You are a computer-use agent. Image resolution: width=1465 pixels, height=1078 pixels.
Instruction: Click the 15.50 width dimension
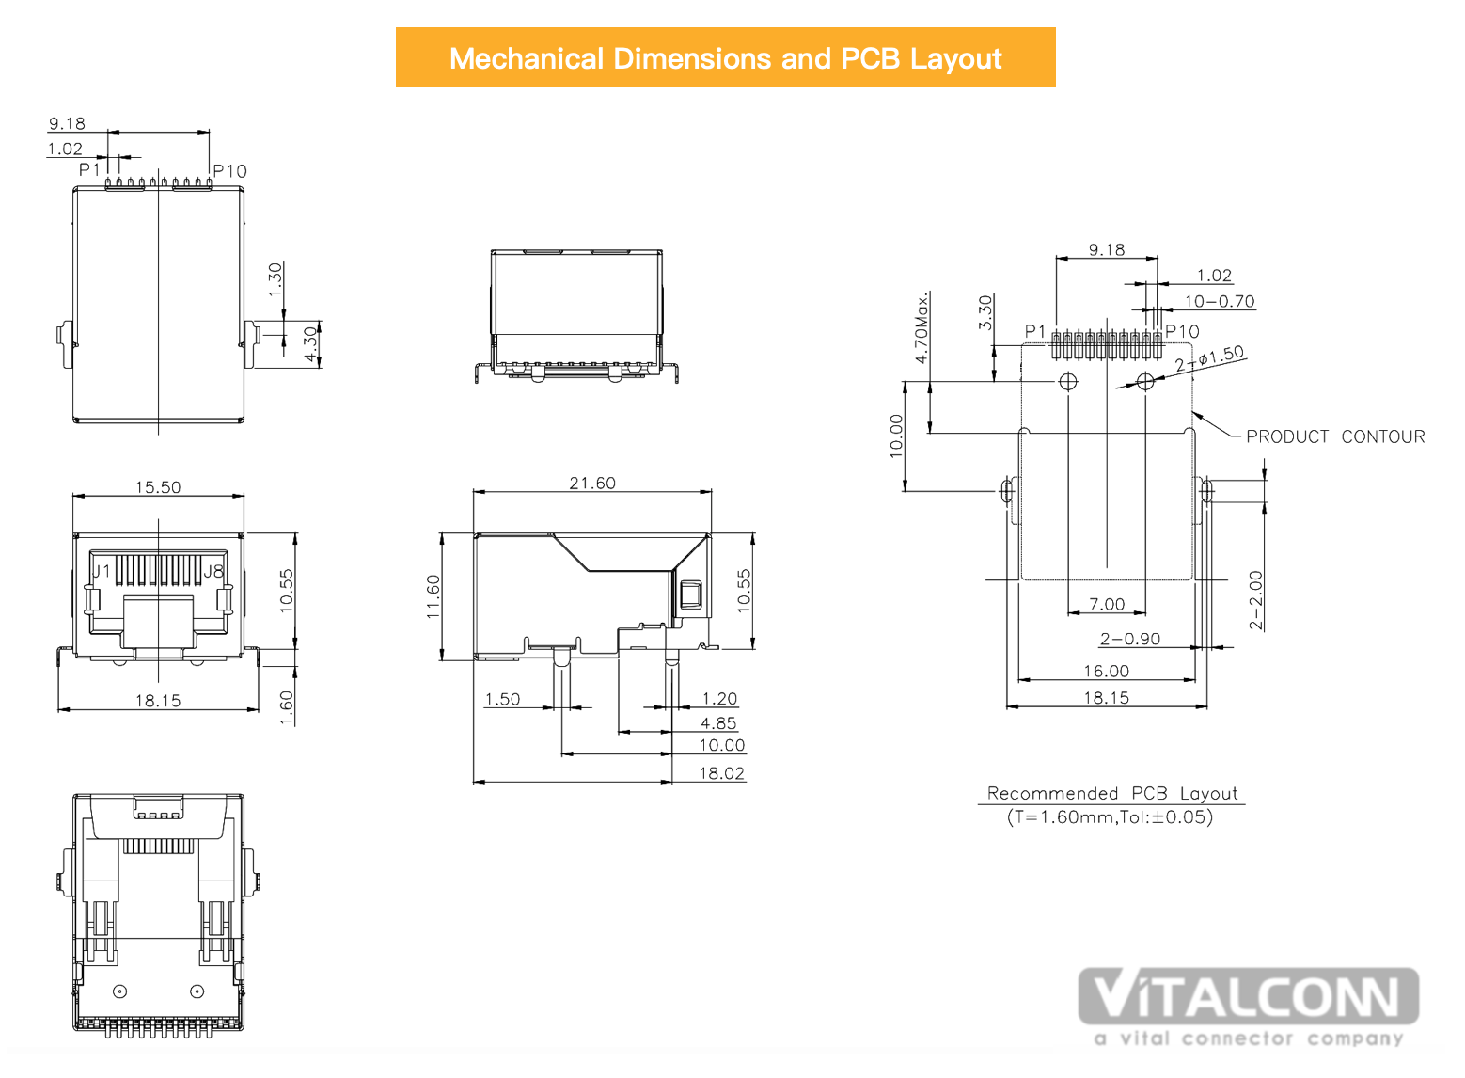tap(158, 487)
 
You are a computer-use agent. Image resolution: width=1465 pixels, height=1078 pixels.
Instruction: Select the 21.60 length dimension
tap(592, 484)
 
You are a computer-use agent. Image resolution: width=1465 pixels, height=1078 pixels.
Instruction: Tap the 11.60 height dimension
tap(433, 596)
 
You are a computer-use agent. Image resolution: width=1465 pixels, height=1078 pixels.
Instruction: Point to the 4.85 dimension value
tap(718, 723)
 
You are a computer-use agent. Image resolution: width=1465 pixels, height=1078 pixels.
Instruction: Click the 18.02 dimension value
tap(721, 774)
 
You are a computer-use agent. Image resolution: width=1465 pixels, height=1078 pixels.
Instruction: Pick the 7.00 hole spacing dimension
tap(1107, 605)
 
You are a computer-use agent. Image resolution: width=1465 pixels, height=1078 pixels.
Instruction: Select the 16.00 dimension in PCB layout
tap(1107, 671)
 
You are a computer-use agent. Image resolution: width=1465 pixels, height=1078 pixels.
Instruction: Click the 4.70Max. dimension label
tap(922, 327)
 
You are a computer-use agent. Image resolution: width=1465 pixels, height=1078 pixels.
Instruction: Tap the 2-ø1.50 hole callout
tap(1209, 358)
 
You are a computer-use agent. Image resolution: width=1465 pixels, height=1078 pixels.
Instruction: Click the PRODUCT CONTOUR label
tap(1335, 437)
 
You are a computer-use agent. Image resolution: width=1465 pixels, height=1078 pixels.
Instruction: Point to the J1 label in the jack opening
tap(102, 572)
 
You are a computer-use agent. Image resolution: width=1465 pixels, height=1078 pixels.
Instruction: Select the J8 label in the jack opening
tap(213, 572)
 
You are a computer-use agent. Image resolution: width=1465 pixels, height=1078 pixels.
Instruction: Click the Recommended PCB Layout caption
tap(1111, 794)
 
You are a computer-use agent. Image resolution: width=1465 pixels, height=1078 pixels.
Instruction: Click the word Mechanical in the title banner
tap(526, 59)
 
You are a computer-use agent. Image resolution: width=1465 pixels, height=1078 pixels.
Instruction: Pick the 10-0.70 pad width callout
tap(1220, 302)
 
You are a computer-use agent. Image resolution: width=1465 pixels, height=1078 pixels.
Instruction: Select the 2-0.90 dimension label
tap(1129, 639)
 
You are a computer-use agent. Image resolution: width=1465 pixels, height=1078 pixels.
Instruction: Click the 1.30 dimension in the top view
tap(276, 279)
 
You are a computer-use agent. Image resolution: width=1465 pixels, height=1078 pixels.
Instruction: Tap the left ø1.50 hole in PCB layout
tap(1067, 381)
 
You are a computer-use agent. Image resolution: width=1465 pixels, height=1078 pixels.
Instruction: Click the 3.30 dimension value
tap(985, 312)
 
